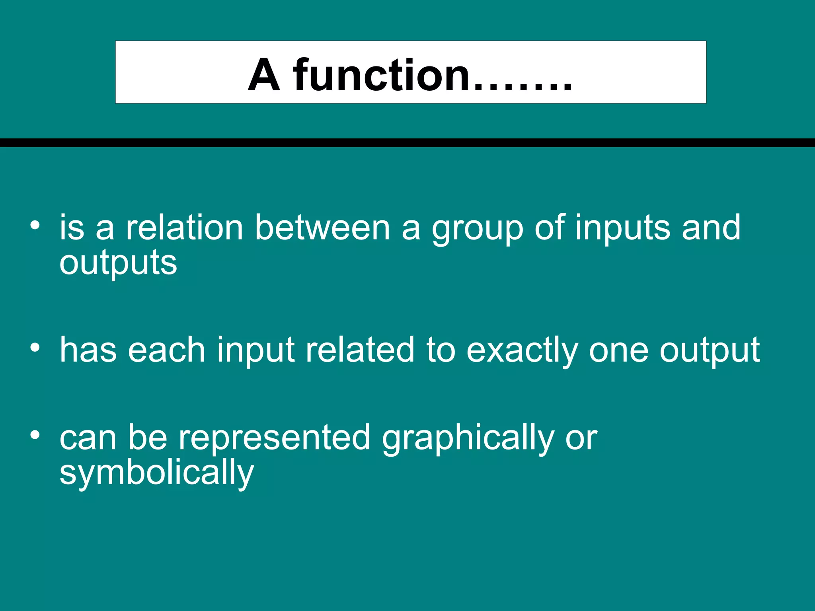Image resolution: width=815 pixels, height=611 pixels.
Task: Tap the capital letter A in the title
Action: [263, 75]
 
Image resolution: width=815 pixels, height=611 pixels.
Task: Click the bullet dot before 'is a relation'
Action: [35, 226]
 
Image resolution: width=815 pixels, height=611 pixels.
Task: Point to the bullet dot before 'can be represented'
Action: [35, 435]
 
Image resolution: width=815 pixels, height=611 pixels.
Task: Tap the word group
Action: [477, 230]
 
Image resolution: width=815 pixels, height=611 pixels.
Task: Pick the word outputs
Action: [118, 264]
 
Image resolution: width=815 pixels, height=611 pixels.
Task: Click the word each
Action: [166, 350]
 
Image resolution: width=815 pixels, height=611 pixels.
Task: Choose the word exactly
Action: [522, 352]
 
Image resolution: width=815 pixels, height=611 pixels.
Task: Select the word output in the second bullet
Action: [710, 352]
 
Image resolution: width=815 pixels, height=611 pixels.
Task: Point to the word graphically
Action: [468, 439]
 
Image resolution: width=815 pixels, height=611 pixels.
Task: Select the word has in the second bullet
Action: [88, 350]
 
